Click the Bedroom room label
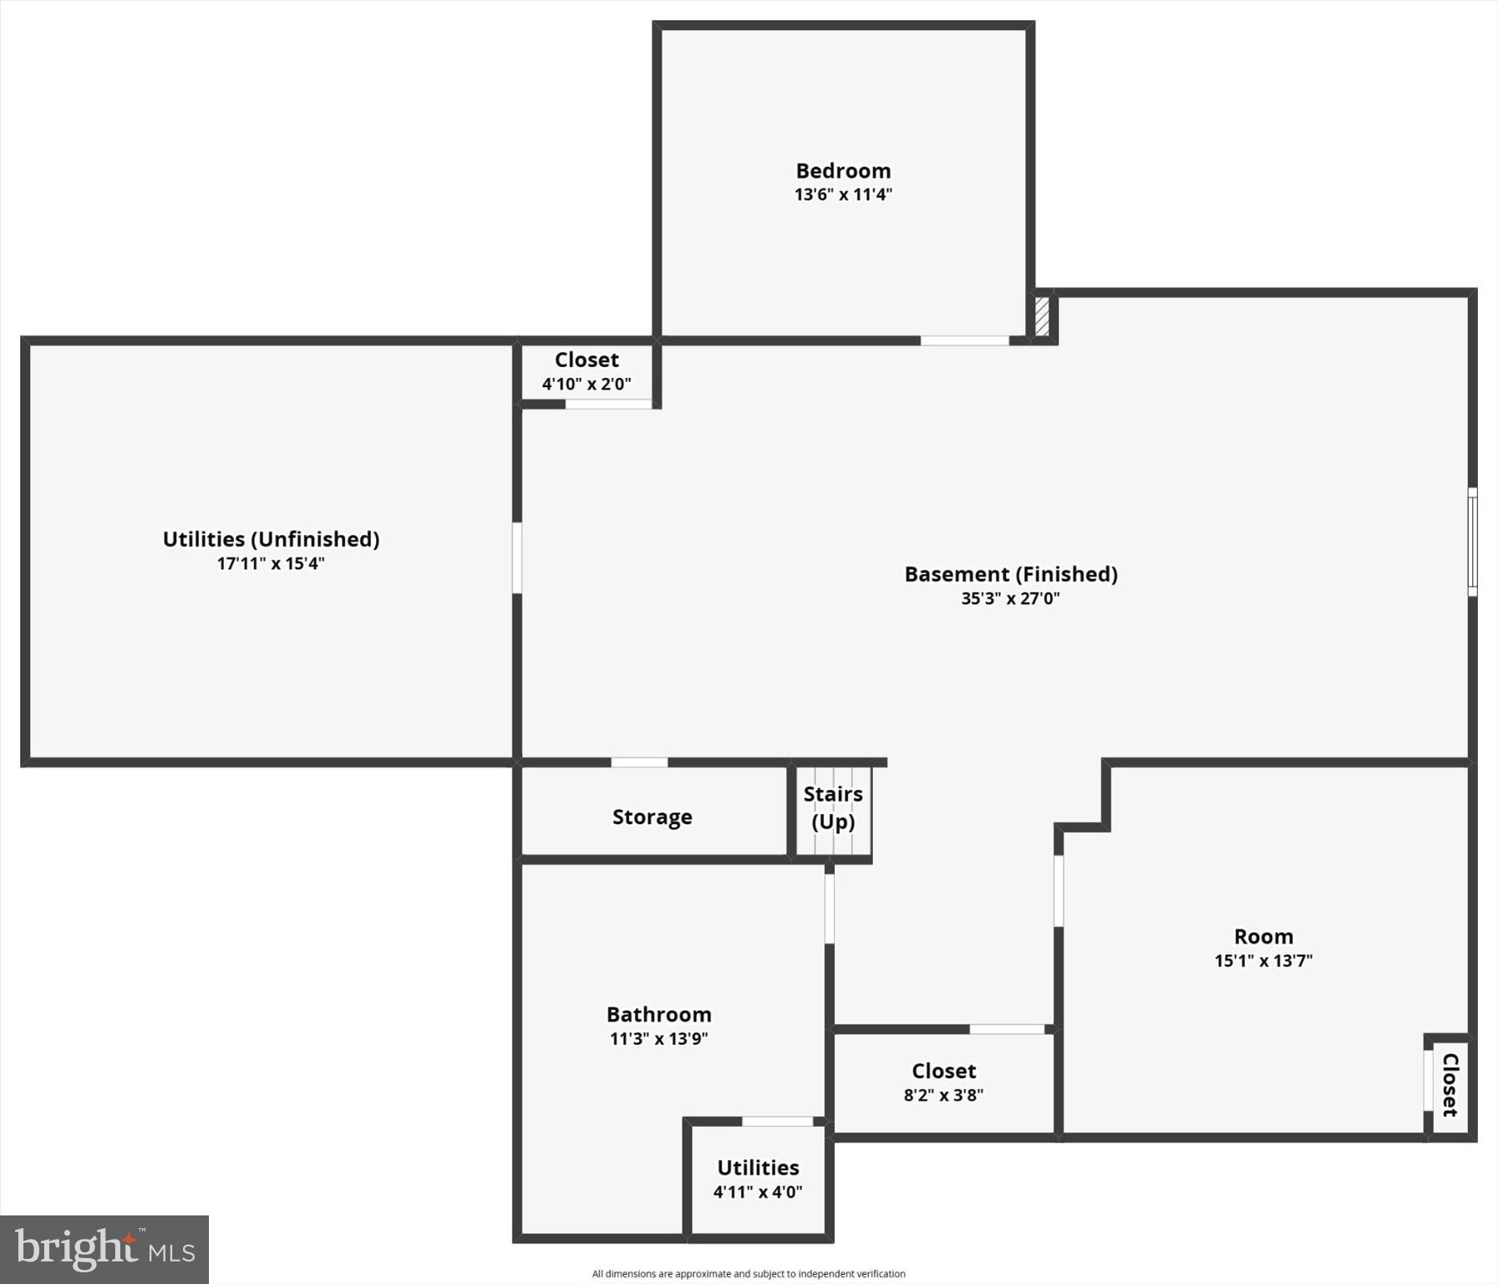pyautogui.click(x=843, y=171)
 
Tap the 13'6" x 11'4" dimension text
pyautogui.click(x=843, y=195)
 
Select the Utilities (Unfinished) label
pyautogui.click(x=271, y=539)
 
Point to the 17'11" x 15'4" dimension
pyautogui.click(x=271, y=563)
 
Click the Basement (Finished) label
pyautogui.click(x=1011, y=574)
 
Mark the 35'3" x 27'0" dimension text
pyautogui.click(x=1010, y=599)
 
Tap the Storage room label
pyautogui.click(x=652, y=817)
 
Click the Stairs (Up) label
pyautogui.click(x=833, y=808)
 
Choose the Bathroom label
pyautogui.click(x=658, y=1014)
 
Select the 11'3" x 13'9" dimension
pyautogui.click(x=658, y=1039)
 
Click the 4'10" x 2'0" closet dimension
pyautogui.click(x=587, y=385)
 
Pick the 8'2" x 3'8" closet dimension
pyautogui.click(x=943, y=1095)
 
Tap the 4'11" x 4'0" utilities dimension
pyautogui.click(x=758, y=1192)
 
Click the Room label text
pyautogui.click(x=1263, y=936)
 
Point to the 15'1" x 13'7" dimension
pyautogui.click(x=1263, y=960)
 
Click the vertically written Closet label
pyautogui.click(x=1450, y=1085)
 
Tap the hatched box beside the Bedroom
pyautogui.click(x=1042, y=317)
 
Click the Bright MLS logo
pyautogui.click(x=104, y=1250)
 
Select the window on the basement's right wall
pyautogui.click(x=1472, y=542)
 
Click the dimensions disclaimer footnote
pyautogui.click(x=749, y=1274)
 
